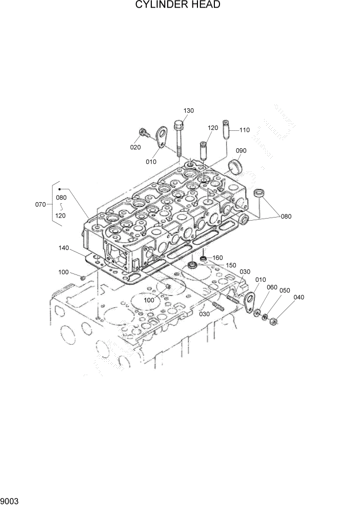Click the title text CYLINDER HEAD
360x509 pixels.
click(177, 6)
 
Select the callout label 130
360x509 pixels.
click(189, 111)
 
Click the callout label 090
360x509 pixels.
click(241, 150)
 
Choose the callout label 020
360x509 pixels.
click(135, 147)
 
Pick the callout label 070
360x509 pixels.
click(41, 204)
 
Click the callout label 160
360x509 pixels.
click(217, 258)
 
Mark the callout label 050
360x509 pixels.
click(285, 290)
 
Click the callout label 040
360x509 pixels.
click(299, 297)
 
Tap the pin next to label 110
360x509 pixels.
click(226, 131)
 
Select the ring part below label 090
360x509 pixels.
click(236, 166)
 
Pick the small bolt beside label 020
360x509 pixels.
click(144, 133)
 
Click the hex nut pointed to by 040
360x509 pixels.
click(273, 322)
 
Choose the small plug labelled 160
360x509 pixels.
click(204, 258)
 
